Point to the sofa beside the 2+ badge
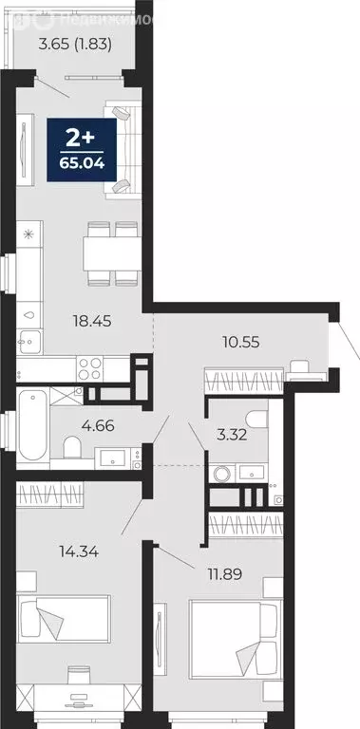tap(122, 150)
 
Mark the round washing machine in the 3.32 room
tap(221, 472)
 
